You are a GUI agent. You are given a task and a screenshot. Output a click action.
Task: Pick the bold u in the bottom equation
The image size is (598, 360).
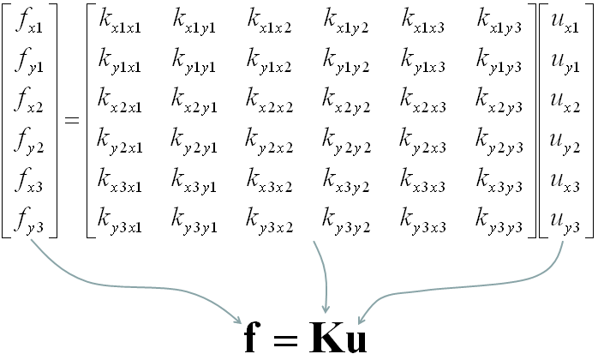click(353, 339)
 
